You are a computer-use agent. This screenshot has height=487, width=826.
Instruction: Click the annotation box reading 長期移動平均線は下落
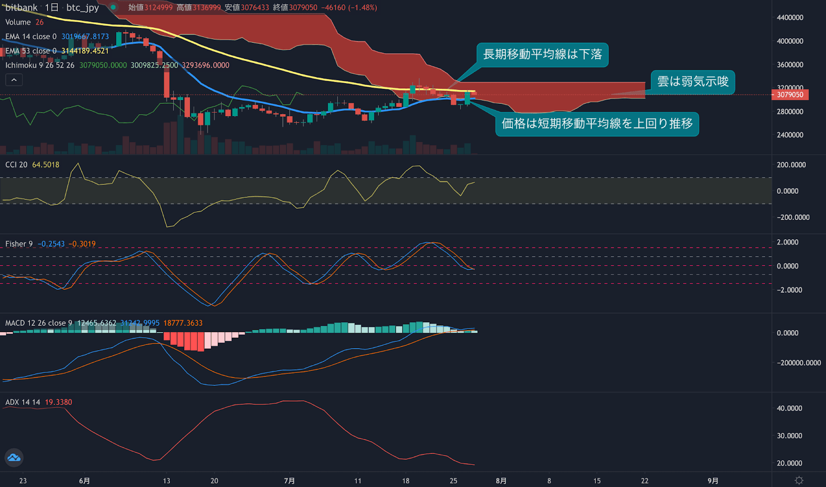542,55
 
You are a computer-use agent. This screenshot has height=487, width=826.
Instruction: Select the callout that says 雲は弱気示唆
692,82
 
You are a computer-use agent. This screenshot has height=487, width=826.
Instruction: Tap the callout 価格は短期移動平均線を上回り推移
597,124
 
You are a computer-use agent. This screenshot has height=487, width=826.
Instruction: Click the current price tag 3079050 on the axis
790,95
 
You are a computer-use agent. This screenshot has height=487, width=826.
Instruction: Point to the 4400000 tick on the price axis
790,18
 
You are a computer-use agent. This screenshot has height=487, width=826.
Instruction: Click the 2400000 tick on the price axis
790,135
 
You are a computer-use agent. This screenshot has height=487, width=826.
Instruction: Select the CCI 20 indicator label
17,165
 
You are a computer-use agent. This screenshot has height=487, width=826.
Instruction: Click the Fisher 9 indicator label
19,244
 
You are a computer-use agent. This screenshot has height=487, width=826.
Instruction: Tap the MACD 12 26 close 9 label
39,323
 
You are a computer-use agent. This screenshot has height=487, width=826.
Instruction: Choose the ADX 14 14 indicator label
23,402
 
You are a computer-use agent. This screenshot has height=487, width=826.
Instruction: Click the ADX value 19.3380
58,402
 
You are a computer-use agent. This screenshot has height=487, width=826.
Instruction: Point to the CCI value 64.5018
46,165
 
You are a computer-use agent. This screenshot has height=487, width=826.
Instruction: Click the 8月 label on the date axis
501,481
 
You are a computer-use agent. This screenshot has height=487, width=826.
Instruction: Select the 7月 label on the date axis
289,481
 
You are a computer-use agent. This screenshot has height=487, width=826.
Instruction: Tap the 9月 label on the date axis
712,481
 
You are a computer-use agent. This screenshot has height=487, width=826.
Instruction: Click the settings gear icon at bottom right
799,480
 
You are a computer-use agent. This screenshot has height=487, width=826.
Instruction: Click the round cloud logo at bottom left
14,458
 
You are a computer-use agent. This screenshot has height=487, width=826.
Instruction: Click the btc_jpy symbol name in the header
83,8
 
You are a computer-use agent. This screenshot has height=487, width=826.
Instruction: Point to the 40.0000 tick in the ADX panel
789,408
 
